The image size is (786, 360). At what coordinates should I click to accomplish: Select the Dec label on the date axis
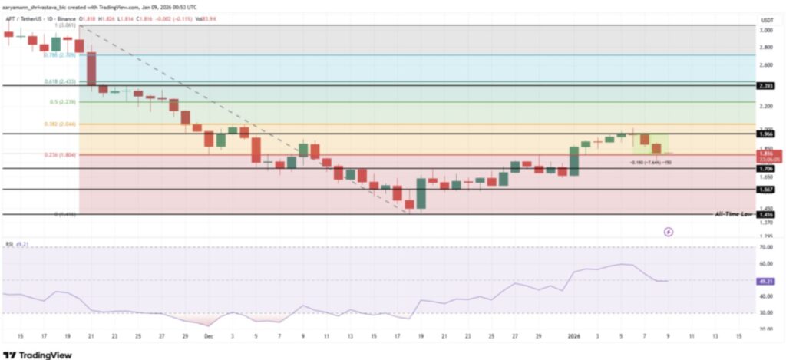click(206, 336)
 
